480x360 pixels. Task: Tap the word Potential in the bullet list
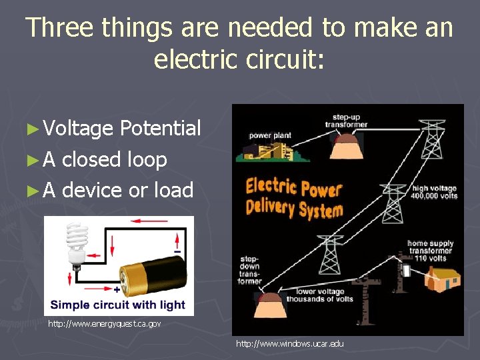[x=161, y=129]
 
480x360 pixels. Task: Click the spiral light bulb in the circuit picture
[x=75, y=243]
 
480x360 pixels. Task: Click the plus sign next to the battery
[x=117, y=291]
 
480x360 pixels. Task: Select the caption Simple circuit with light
[x=117, y=305]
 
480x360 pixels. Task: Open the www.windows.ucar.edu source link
[x=290, y=344]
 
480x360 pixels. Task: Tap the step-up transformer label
[x=346, y=120]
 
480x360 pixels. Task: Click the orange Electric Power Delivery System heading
[x=294, y=197]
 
